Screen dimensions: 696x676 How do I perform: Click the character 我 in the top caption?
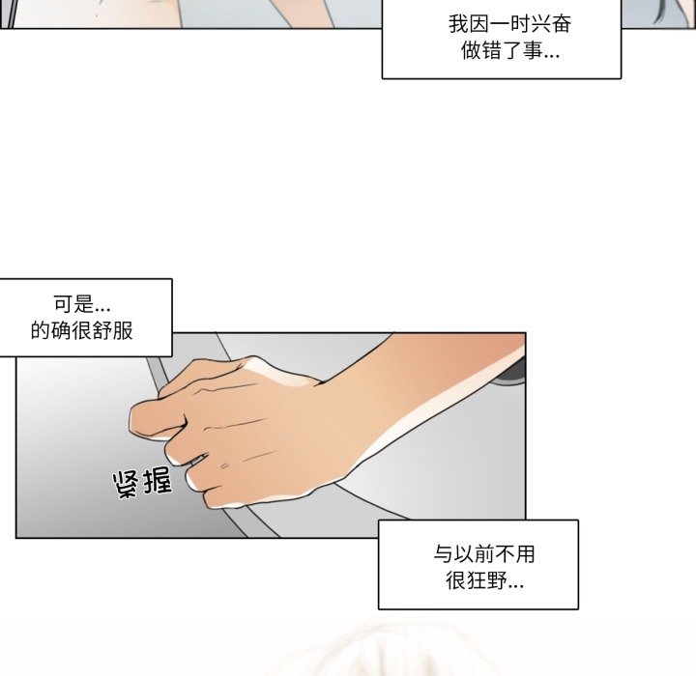tap(458, 24)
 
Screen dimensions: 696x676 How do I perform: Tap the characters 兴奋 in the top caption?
tap(551, 24)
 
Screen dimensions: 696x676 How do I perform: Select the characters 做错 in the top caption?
tap(481, 50)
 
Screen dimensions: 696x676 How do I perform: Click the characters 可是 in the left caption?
tap(73, 304)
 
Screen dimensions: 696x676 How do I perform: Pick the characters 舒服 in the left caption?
tap(113, 330)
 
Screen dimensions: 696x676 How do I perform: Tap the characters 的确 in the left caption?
tap(51, 330)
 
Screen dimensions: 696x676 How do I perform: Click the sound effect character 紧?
tap(126, 485)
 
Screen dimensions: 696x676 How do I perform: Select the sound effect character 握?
tap(157, 480)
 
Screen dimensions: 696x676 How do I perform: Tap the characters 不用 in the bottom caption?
tap(515, 554)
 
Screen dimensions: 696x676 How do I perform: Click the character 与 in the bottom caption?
tap(444, 554)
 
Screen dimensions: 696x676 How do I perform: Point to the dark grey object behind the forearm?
tap(511, 374)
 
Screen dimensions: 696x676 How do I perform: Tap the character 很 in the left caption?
tap(81, 330)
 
